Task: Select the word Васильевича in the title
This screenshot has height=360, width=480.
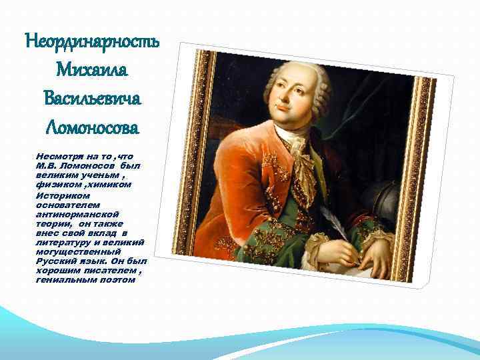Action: (92, 98)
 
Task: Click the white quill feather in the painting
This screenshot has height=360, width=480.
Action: (329, 221)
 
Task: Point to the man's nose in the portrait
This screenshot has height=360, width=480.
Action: (285, 93)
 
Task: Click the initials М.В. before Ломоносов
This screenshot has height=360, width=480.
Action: (47, 164)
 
